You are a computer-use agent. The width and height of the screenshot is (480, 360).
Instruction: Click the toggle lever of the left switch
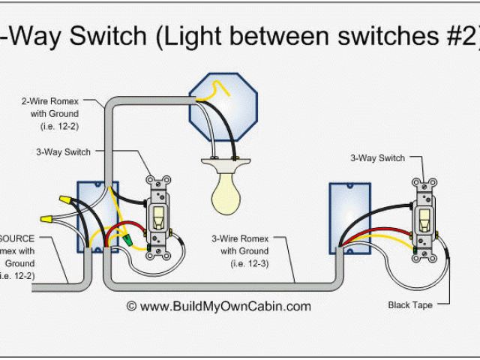tap(159, 217)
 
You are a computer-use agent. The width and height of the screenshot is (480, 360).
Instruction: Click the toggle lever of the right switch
tap(424, 219)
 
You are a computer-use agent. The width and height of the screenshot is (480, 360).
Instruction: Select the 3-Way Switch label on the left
tap(63, 151)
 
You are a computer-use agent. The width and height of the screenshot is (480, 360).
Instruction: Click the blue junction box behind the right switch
tap(350, 207)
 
